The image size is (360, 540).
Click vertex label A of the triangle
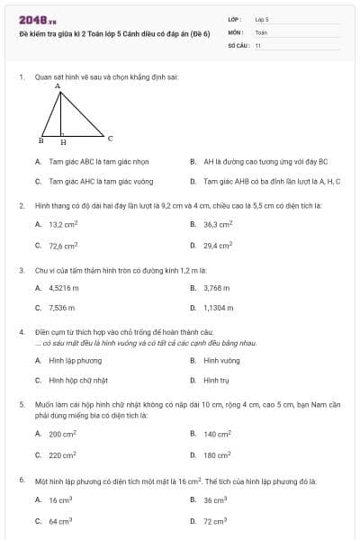58,88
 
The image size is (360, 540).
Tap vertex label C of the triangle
110,139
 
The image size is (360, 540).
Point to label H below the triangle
63,142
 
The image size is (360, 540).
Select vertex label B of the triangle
40,141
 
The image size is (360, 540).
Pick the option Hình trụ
213,380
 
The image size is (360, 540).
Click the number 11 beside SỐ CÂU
258,43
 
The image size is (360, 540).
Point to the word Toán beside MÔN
261,31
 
